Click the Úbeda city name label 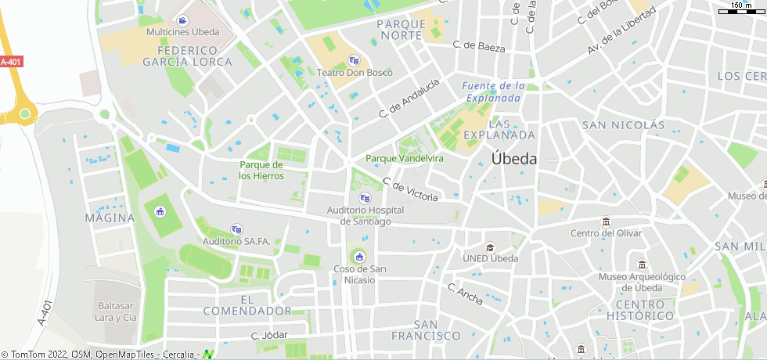tap(514, 158)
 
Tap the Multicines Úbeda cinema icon tap(183, 20)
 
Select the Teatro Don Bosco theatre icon tap(354, 60)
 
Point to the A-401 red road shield tap(11, 62)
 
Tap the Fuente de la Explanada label tap(492, 92)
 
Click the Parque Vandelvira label tap(405, 158)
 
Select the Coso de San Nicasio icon tap(359, 257)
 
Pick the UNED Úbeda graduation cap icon tap(491, 247)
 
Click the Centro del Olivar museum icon tap(605, 221)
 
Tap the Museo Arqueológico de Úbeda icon tap(642, 265)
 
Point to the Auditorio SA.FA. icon tap(236, 229)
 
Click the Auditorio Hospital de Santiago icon tap(364, 198)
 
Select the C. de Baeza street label tap(480, 47)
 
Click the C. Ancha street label tap(465, 293)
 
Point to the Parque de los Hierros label tap(261, 171)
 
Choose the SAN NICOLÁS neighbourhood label tap(623, 125)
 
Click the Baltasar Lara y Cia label tap(116, 311)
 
